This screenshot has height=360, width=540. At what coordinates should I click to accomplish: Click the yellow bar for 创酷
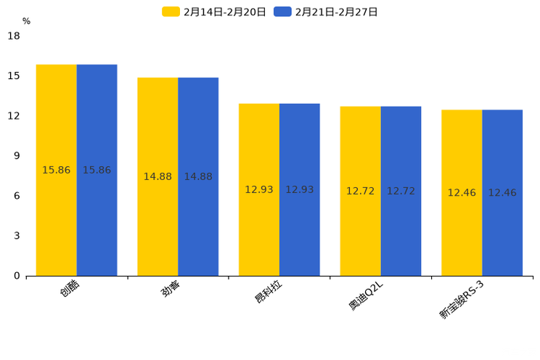click(57, 170)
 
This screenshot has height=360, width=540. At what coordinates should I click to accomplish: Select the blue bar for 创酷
click(97, 170)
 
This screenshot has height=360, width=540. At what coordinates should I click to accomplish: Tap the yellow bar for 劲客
click(157, 176)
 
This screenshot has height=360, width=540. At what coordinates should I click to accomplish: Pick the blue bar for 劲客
click(198, 176)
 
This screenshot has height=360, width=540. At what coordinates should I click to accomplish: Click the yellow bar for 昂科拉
click(259, 189)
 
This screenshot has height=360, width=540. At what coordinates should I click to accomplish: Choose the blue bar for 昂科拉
click(300, 189)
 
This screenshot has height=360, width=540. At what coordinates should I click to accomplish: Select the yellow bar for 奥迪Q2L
click(361, 191)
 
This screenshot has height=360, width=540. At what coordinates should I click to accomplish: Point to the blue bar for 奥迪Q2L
click(401, 191)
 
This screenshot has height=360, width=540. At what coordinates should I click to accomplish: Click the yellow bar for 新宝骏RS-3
click(462, 192)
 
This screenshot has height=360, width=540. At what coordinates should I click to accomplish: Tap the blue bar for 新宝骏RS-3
click(502, 192)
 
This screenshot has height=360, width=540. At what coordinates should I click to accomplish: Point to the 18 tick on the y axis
click(14, 36)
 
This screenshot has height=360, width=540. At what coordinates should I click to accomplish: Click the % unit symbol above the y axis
click(26, 22)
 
